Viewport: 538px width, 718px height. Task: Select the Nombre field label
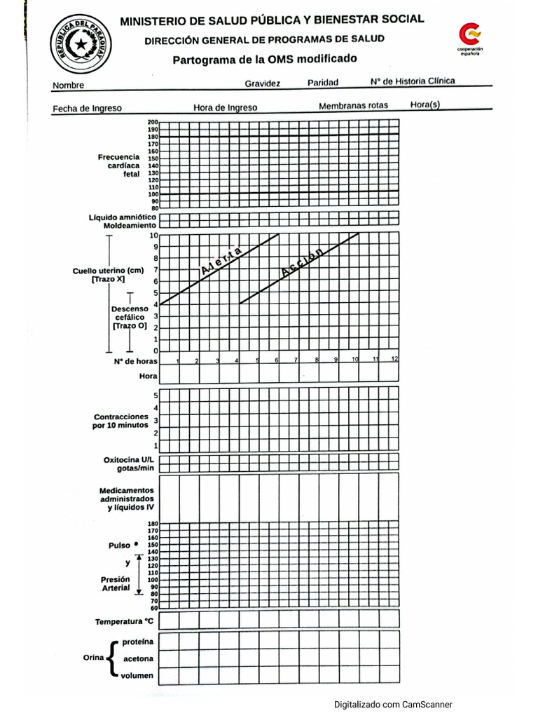(x=68, y=86)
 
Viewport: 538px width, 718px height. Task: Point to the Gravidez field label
(x=262, y=83)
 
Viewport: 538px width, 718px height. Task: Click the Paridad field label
(x=323, y=83)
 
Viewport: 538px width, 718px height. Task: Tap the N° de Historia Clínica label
(x=413, y=81)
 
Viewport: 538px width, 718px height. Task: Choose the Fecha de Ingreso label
(x=88, y=109)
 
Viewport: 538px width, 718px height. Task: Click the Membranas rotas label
(x=353, y=107)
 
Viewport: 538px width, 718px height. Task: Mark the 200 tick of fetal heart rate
(x=153, y=123)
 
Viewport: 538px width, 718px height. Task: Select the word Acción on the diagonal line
(x=303, y=263)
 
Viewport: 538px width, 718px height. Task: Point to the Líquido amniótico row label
(x=122, y=217)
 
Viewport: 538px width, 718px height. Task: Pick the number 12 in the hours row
(x=394, y=358)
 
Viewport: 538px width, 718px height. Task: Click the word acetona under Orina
(x=138, y=659)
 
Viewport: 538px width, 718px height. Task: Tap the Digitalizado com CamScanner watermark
(x=393, y=705)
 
